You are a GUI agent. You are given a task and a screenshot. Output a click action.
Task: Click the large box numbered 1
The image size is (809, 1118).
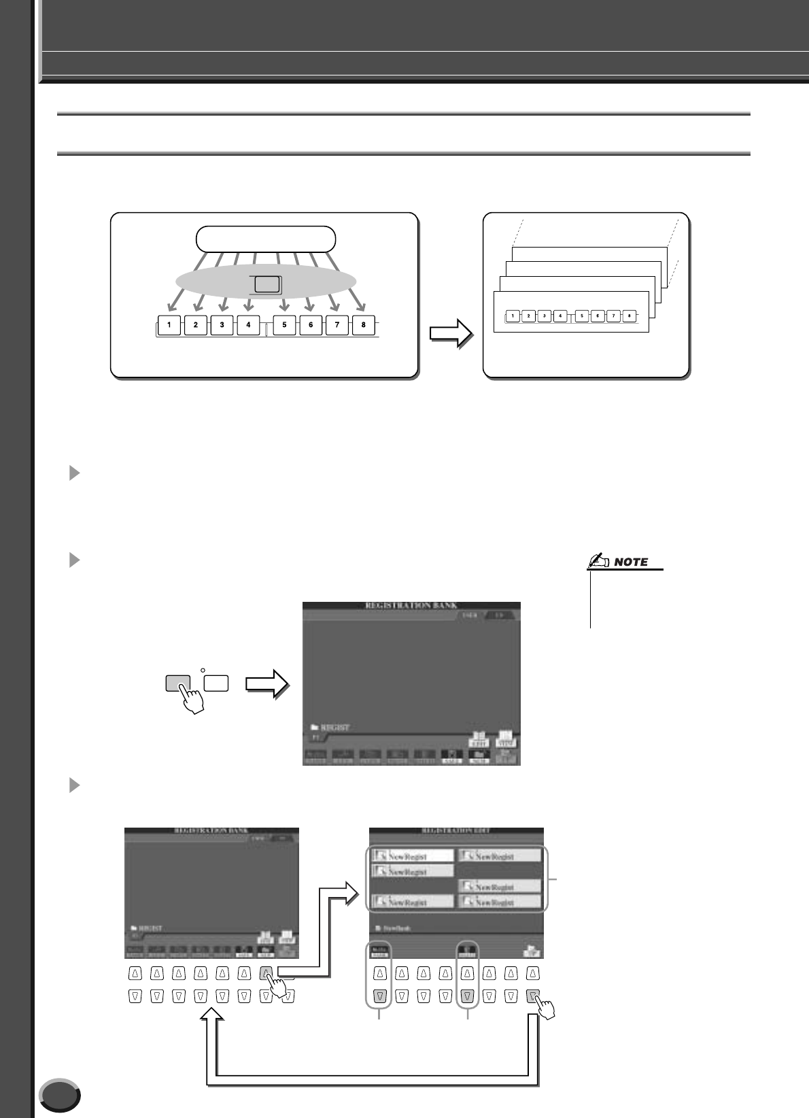[169, 325]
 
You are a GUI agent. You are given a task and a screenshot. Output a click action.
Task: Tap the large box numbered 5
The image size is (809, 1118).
[284, 325]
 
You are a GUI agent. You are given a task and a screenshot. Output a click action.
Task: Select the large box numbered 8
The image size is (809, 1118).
[364, 325]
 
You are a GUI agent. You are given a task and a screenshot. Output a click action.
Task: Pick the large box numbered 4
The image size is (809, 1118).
[248, 325]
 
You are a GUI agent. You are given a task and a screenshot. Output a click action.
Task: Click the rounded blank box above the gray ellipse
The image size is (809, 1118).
[266, 239]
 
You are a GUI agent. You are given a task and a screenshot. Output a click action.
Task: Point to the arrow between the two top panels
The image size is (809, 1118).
[451, 334]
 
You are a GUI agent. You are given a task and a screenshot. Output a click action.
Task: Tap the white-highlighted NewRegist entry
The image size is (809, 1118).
[413, 856]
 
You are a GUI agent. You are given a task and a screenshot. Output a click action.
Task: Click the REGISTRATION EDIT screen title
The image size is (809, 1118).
[455, 831]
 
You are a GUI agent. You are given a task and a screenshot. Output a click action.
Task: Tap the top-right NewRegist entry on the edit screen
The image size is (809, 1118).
[500, 856]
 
